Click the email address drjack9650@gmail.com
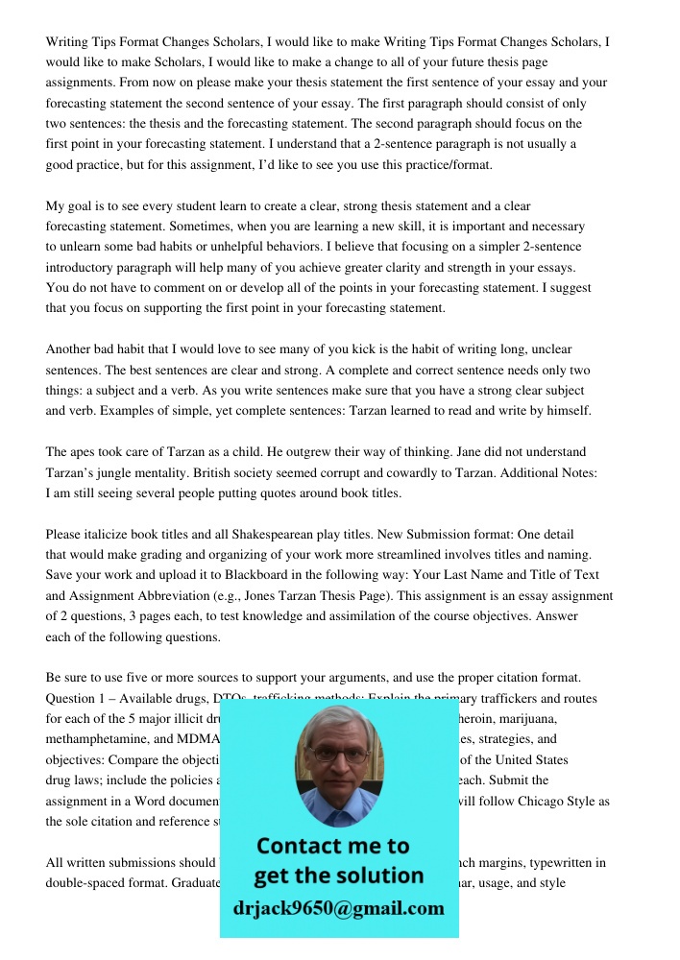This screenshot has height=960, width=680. coord(339,908)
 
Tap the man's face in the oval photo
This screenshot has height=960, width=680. coord(338,762)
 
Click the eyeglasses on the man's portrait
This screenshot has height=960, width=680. coord(338,755)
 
